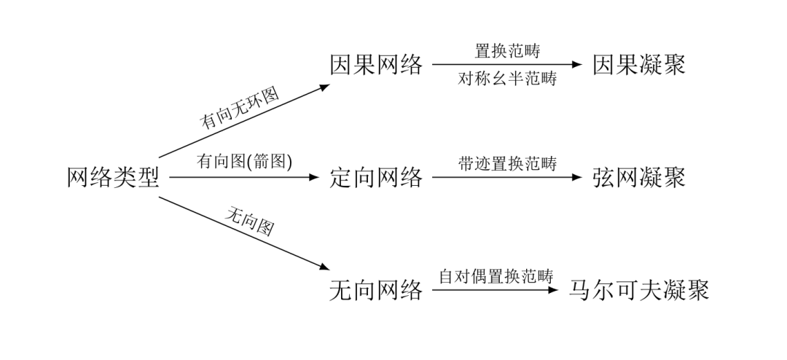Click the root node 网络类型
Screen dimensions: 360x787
point(113,177)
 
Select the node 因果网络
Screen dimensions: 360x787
point(376,66)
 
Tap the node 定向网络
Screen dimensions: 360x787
point(376,177)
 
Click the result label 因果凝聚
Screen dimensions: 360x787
point(639,66)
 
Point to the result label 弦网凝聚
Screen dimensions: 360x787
point(639,177)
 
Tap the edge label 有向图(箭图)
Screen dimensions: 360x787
point(244,162)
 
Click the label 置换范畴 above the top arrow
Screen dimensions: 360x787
point(507,51)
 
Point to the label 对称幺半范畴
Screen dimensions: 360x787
point(507,79)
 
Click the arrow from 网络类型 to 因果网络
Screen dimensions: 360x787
point(244,121)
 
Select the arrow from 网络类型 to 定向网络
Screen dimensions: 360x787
point(244,177)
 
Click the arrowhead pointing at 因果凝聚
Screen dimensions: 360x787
point(578,65)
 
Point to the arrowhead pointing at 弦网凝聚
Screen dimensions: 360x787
point(578,177)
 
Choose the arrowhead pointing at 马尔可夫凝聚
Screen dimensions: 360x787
point(552,291)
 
